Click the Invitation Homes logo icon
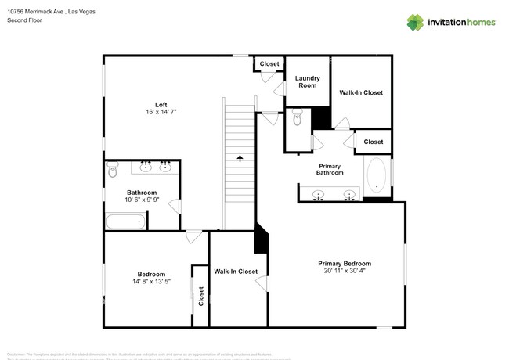(x=415, y=22)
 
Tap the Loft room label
(x=161, y=105)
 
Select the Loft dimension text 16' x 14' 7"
(x=161, y=113)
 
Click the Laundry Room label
(x=306, y=81)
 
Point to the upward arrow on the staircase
(x=240, y=157)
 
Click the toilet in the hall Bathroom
(x=113, y=171)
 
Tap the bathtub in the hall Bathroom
(x=125, y=221)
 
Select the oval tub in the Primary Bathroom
(x=377, y=175)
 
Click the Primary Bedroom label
(x=345, y=264)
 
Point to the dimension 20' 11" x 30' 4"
(x=345, y=272)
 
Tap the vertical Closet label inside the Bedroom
(x=201, y=296)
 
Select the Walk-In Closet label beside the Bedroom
(x=236, y=272)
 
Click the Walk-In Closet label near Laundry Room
(x=361, y=92)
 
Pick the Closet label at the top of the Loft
(x=269, y=63)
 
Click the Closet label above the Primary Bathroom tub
(x=374, y=142)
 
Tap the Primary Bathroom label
(x=330, y=169)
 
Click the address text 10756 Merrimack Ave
(x=34, y=11)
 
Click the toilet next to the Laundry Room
(x=297, y=118)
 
